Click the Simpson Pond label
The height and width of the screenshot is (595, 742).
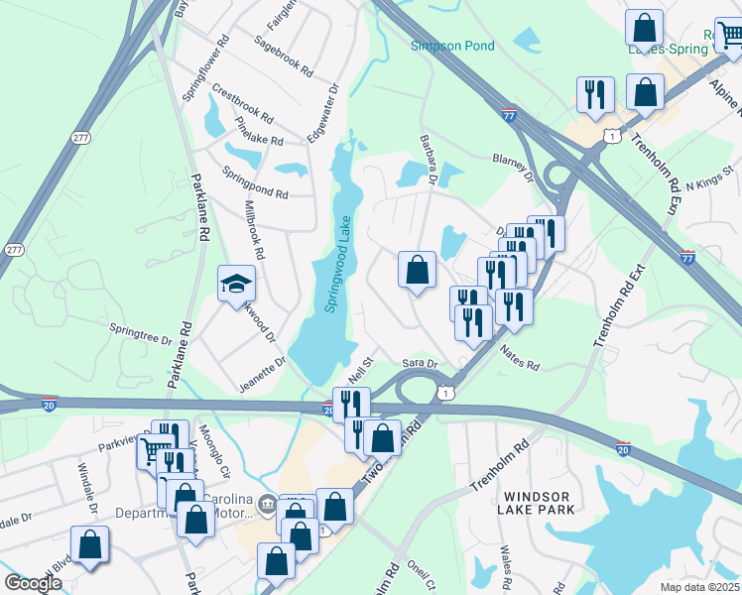click(452, 46)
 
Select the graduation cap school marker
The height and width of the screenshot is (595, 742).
click(236, 284)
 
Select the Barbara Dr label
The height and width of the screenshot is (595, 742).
click(429, 161)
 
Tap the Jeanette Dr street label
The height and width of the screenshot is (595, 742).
click(262, 374)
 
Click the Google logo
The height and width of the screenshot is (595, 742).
click(34, 583)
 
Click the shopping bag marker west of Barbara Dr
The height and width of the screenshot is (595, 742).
click(417, 269)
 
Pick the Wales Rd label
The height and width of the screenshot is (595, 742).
click(508, 563)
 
